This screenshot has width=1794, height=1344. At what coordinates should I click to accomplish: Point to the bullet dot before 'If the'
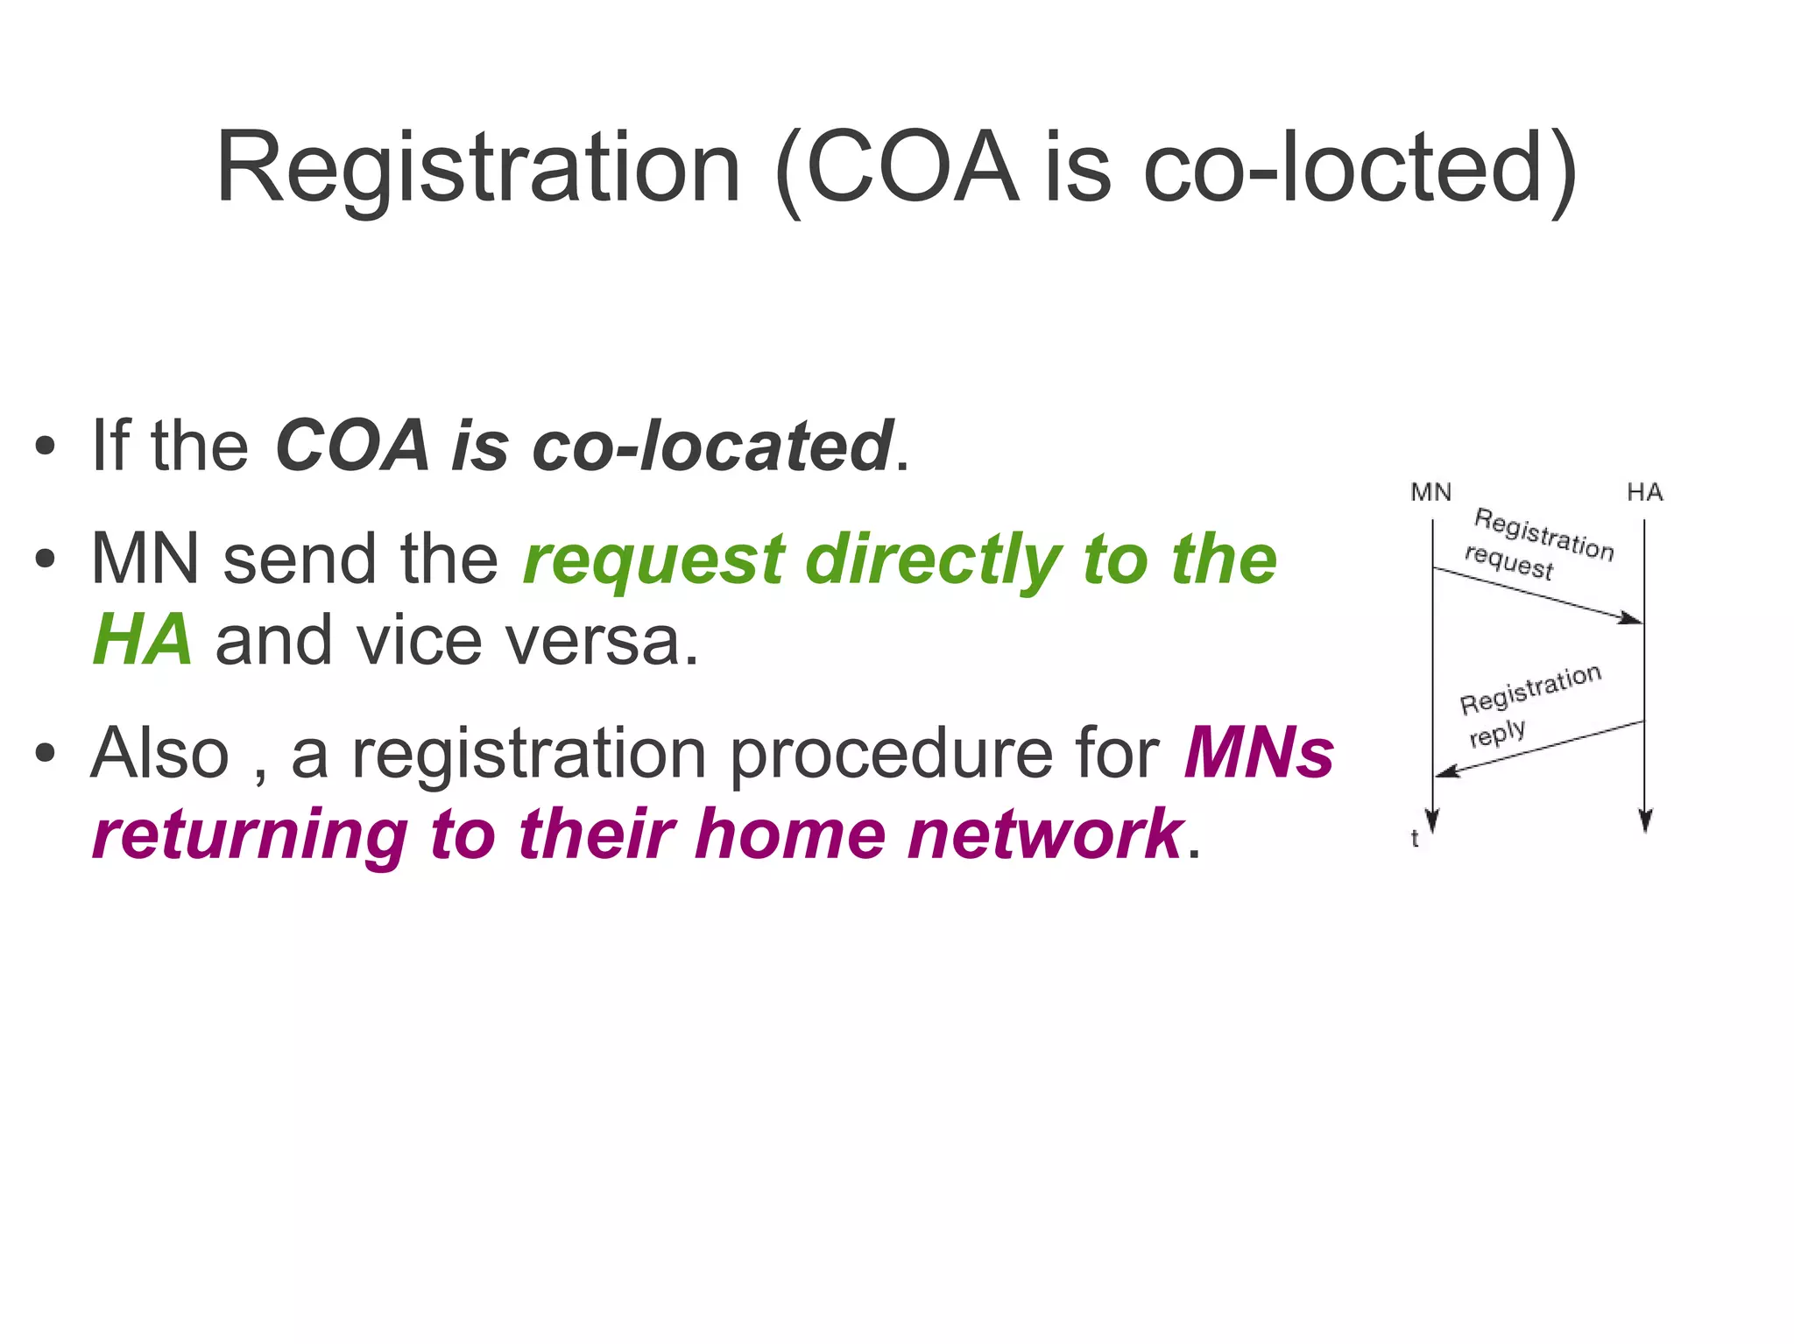tap(46, 447)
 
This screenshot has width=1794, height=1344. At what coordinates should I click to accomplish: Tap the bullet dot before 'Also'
tap(46, 753)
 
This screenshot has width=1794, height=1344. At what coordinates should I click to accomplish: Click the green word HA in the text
tap(142, 640)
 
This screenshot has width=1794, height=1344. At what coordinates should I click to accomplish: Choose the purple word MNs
tap(1259, 753)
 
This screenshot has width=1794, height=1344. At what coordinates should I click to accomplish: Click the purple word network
tap(1045, 834)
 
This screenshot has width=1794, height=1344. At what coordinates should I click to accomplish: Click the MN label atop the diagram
tap(1430, 493)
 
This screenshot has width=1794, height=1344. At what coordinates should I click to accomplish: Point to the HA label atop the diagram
tap(1644, 493)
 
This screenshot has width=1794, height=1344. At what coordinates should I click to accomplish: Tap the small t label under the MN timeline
tap(1414, 839)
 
